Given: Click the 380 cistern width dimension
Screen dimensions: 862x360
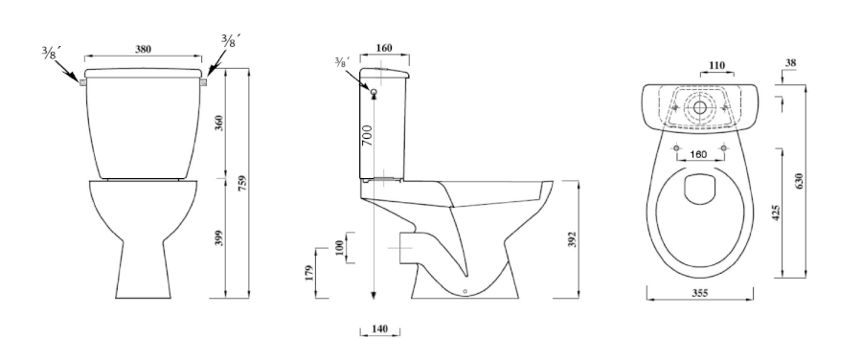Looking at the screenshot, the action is click(143, 49).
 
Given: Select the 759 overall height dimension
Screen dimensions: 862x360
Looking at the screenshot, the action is click(243, 184).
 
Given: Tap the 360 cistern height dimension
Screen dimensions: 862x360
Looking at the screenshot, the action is click(218, 124).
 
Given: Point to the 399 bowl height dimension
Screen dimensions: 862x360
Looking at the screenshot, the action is click(218, 237).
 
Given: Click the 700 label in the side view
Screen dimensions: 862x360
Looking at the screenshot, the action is click(367, 135).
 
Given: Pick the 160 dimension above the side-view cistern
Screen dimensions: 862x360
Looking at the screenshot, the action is click(384, 48).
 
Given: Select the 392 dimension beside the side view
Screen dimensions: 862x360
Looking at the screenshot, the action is click(572, 239).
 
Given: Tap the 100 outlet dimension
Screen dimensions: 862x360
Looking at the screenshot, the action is click(339, 248).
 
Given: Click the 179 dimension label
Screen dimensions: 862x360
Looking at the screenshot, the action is click(308, 273).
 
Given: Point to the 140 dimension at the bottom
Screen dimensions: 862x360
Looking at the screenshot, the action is click(380, 329).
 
